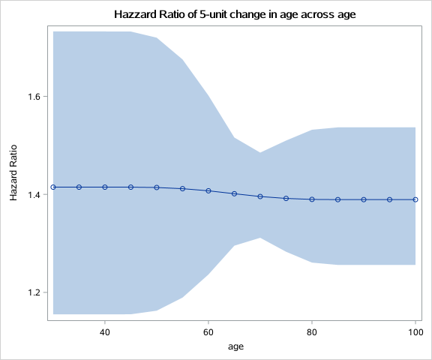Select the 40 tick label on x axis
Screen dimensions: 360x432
coord(105,331)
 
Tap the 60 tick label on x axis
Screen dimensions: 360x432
coord(208,331)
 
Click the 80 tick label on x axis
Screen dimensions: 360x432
coord(312,331)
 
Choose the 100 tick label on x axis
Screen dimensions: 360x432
coord(415,331)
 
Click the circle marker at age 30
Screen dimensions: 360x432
coord(53,187)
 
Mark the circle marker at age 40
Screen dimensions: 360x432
coord(105,187)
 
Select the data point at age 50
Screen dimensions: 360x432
coord(157,187)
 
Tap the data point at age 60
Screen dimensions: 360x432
coord(208,190)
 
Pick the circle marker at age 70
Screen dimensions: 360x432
coord(260,196)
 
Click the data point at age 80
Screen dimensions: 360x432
coord(312,199)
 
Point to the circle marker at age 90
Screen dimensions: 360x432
coord(364,199)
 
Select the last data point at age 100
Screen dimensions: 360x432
coord(415,199)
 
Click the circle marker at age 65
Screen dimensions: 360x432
coord(235,193)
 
